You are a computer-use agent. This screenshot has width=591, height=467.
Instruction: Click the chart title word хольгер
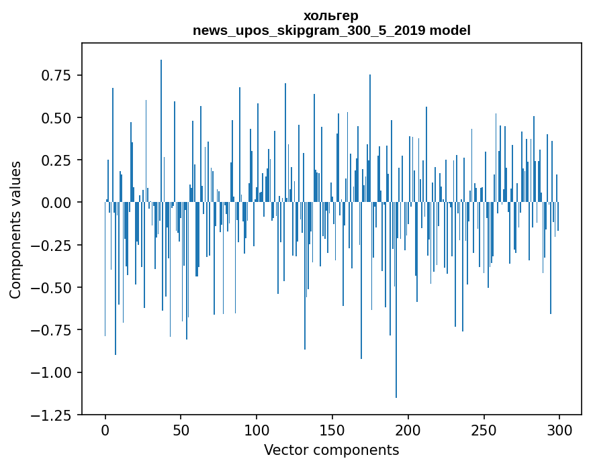click(x=331, y=15)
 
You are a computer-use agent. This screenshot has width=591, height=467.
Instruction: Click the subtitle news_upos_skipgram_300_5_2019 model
click(x=331, y=30)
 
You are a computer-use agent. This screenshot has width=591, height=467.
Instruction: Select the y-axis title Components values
click(x=15, y=229)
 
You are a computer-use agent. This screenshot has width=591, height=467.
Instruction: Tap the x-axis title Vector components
click(x=331, y=450)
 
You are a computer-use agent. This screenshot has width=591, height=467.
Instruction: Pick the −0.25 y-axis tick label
click(x=52, y=245)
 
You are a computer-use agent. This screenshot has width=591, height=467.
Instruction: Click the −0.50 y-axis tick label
click(x=52, y=287)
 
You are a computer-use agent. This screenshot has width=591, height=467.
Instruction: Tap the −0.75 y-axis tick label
click(x=52, y=330)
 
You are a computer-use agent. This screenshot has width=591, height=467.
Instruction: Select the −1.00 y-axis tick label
click(x=52, y=372)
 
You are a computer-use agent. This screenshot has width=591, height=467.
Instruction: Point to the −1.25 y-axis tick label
click(x=52, y=415)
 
